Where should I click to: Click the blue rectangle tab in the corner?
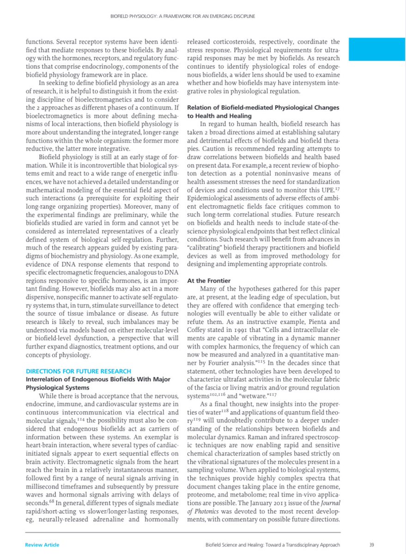(x=376, y=49)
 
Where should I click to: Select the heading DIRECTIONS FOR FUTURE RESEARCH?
(x=78, y=371)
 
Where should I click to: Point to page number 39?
(x=372, y=545)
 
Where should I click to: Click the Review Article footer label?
(x=42, y=545)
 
